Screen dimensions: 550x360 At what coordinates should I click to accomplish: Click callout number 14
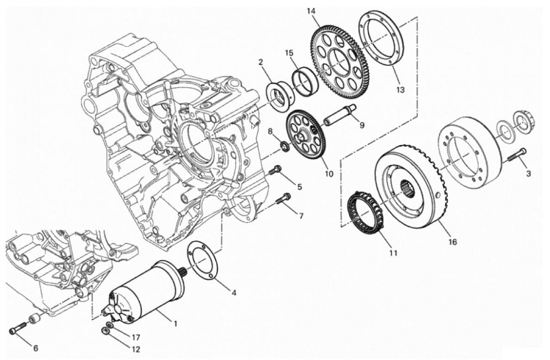tap(311, 11)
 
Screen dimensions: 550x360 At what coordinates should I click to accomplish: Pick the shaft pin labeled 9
tap(339, 115)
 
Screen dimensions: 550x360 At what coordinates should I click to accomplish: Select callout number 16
tap(453, 242)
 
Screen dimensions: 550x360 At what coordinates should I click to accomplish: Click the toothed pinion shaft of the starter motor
tap(183, 271)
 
